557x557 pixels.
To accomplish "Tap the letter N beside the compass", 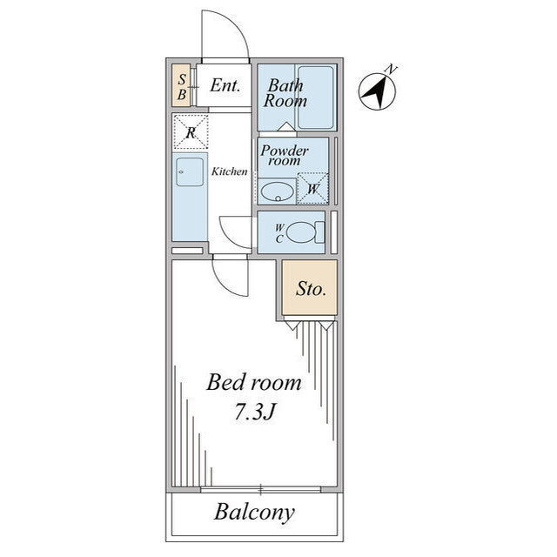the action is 392,69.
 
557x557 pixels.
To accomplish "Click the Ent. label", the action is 225,85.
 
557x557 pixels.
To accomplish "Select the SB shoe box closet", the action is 182,85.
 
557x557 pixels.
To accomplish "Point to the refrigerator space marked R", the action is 191,131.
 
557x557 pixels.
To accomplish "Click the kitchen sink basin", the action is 190,172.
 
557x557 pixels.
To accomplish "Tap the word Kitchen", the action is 229,171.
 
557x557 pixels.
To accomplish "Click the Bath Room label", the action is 285,93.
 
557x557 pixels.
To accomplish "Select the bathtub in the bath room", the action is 316,97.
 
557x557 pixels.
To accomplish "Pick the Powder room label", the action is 285,155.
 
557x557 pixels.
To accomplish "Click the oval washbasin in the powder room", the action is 277,191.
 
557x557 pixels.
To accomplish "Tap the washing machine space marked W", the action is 312,188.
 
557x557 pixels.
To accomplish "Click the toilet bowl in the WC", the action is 302,232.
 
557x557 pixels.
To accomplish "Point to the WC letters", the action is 279,233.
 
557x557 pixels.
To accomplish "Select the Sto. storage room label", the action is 311,289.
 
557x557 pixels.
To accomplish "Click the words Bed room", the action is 253,383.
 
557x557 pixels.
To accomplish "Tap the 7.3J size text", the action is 255,412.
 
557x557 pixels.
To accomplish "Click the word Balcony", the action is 254,513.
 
